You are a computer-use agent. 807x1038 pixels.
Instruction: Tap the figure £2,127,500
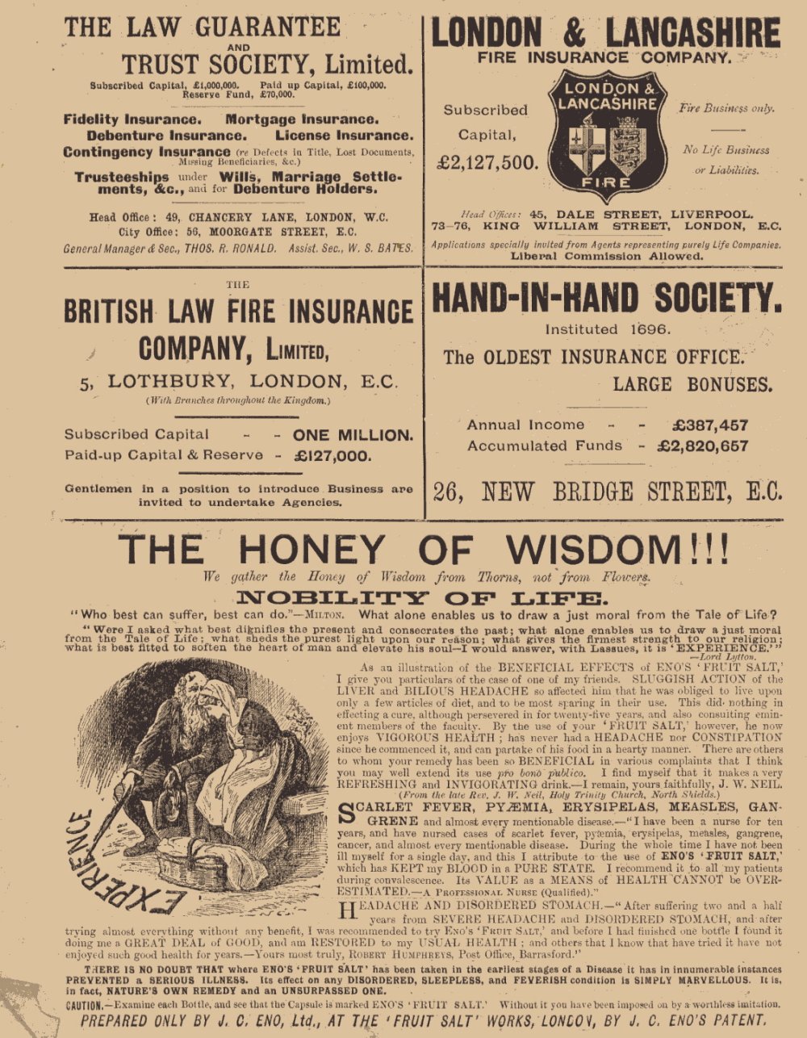pyautogui.click(x=487, y=163)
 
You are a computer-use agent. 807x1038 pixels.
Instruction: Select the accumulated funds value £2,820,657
pyautogui.click(x=703, y=446)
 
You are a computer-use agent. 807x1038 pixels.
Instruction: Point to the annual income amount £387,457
pyautogui.click(x=709, y=425)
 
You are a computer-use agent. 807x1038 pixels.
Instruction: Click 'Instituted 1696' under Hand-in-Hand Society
pyautogui.click(x=608, y=329)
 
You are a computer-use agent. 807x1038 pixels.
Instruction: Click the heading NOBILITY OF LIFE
pyautogui.click(x=419, y=598)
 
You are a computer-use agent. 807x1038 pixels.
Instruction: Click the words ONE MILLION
pyautogui.click(x=353, y=435)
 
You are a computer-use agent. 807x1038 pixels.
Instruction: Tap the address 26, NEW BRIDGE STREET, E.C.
pyautogui.click(x=607, y=492)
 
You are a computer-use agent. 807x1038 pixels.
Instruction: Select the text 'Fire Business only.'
pyautogui.click(x=726, y=108)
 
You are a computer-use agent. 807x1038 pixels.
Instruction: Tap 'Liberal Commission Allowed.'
pyautogui.click(x=606, y=257)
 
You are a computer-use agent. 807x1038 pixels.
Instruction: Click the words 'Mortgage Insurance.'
pyautogui.click(x=301, y=119)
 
